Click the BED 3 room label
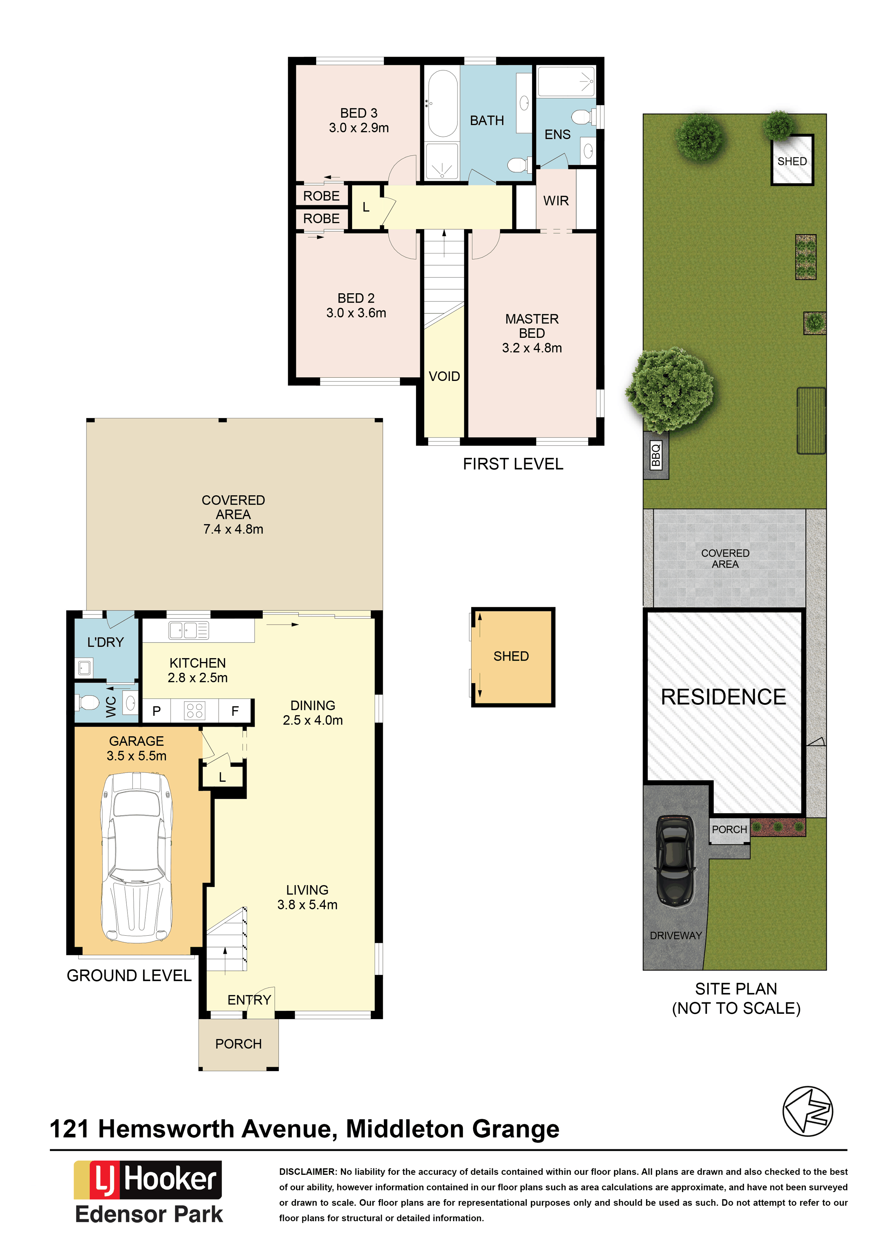coord(359,113)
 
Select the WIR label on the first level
coord(556,201)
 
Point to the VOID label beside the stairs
coord(444,377)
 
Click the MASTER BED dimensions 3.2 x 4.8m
coord(532,348)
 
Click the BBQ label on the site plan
coord(656,455)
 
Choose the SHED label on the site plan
coord(792,161)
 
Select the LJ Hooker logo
coord(148,1180)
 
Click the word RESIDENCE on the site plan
coord(723,697)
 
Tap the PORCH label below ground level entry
coord(238,1044)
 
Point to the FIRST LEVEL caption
coord(513,464)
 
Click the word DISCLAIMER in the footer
coord(307,1172)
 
